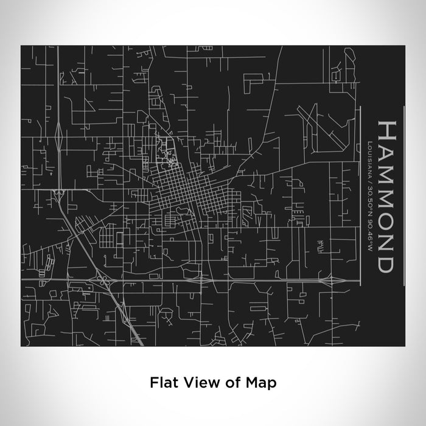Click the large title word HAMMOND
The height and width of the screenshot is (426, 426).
click(x=385, y=196)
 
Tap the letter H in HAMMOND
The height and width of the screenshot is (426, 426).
click(x=385, y=130)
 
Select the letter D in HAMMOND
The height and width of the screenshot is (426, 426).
click(x=385, y=263)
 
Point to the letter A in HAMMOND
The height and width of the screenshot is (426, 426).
click(x=385, y=150)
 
